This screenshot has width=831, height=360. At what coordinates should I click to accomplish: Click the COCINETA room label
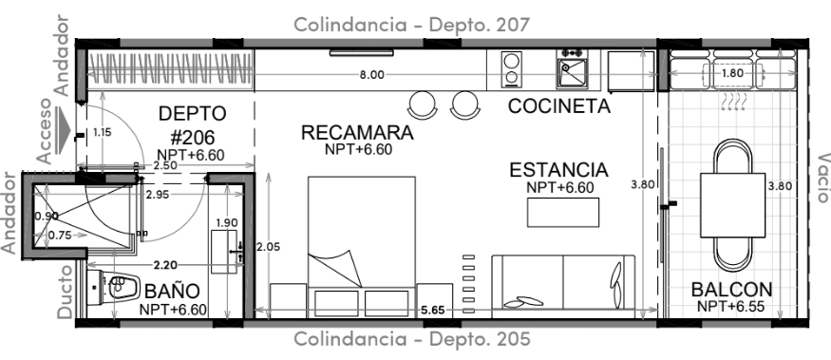559,106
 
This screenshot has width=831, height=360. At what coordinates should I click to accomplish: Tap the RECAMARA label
357,132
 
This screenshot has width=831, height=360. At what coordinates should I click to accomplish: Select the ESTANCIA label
558,170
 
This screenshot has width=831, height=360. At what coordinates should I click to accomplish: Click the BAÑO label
172,291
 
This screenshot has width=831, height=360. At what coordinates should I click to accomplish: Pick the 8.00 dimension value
371,75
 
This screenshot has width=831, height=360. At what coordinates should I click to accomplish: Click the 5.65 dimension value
432,310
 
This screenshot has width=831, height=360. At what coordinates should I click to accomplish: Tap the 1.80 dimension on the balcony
732,73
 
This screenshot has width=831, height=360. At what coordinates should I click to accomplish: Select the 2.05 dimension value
268,247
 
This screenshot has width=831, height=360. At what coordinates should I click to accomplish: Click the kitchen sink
572,73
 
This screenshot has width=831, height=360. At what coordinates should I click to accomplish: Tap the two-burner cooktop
512,69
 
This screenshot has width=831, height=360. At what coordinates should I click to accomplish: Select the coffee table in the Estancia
563,212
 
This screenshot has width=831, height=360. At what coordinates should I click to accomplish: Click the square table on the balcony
733,205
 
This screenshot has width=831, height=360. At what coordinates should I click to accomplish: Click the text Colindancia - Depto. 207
412,25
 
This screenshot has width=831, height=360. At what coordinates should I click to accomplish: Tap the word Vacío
822,179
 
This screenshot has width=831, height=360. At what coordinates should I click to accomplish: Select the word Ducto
65,292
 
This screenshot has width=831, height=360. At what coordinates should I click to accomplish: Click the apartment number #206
193,138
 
